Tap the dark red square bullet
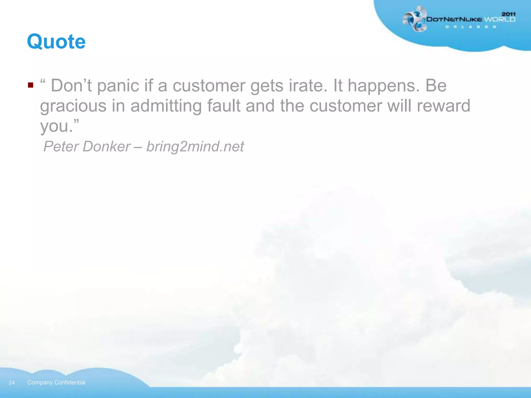(x=31, y=85)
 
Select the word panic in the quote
(x=118, y=86)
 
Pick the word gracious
(x=73, y=106)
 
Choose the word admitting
(x=166, y=106)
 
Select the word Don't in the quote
(x=71, y=86)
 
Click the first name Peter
(x=61, y=146)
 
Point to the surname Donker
(x=106, y=146)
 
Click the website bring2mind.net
(x=195, y=147)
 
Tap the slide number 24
(x=12, y=383)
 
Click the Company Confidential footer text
(x=56, y=382)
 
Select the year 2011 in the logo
(x=508, y=14)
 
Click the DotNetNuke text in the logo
(x=454, y=19)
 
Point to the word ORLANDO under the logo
(x=471, y=27)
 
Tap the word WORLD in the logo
(x=500, y=19)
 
